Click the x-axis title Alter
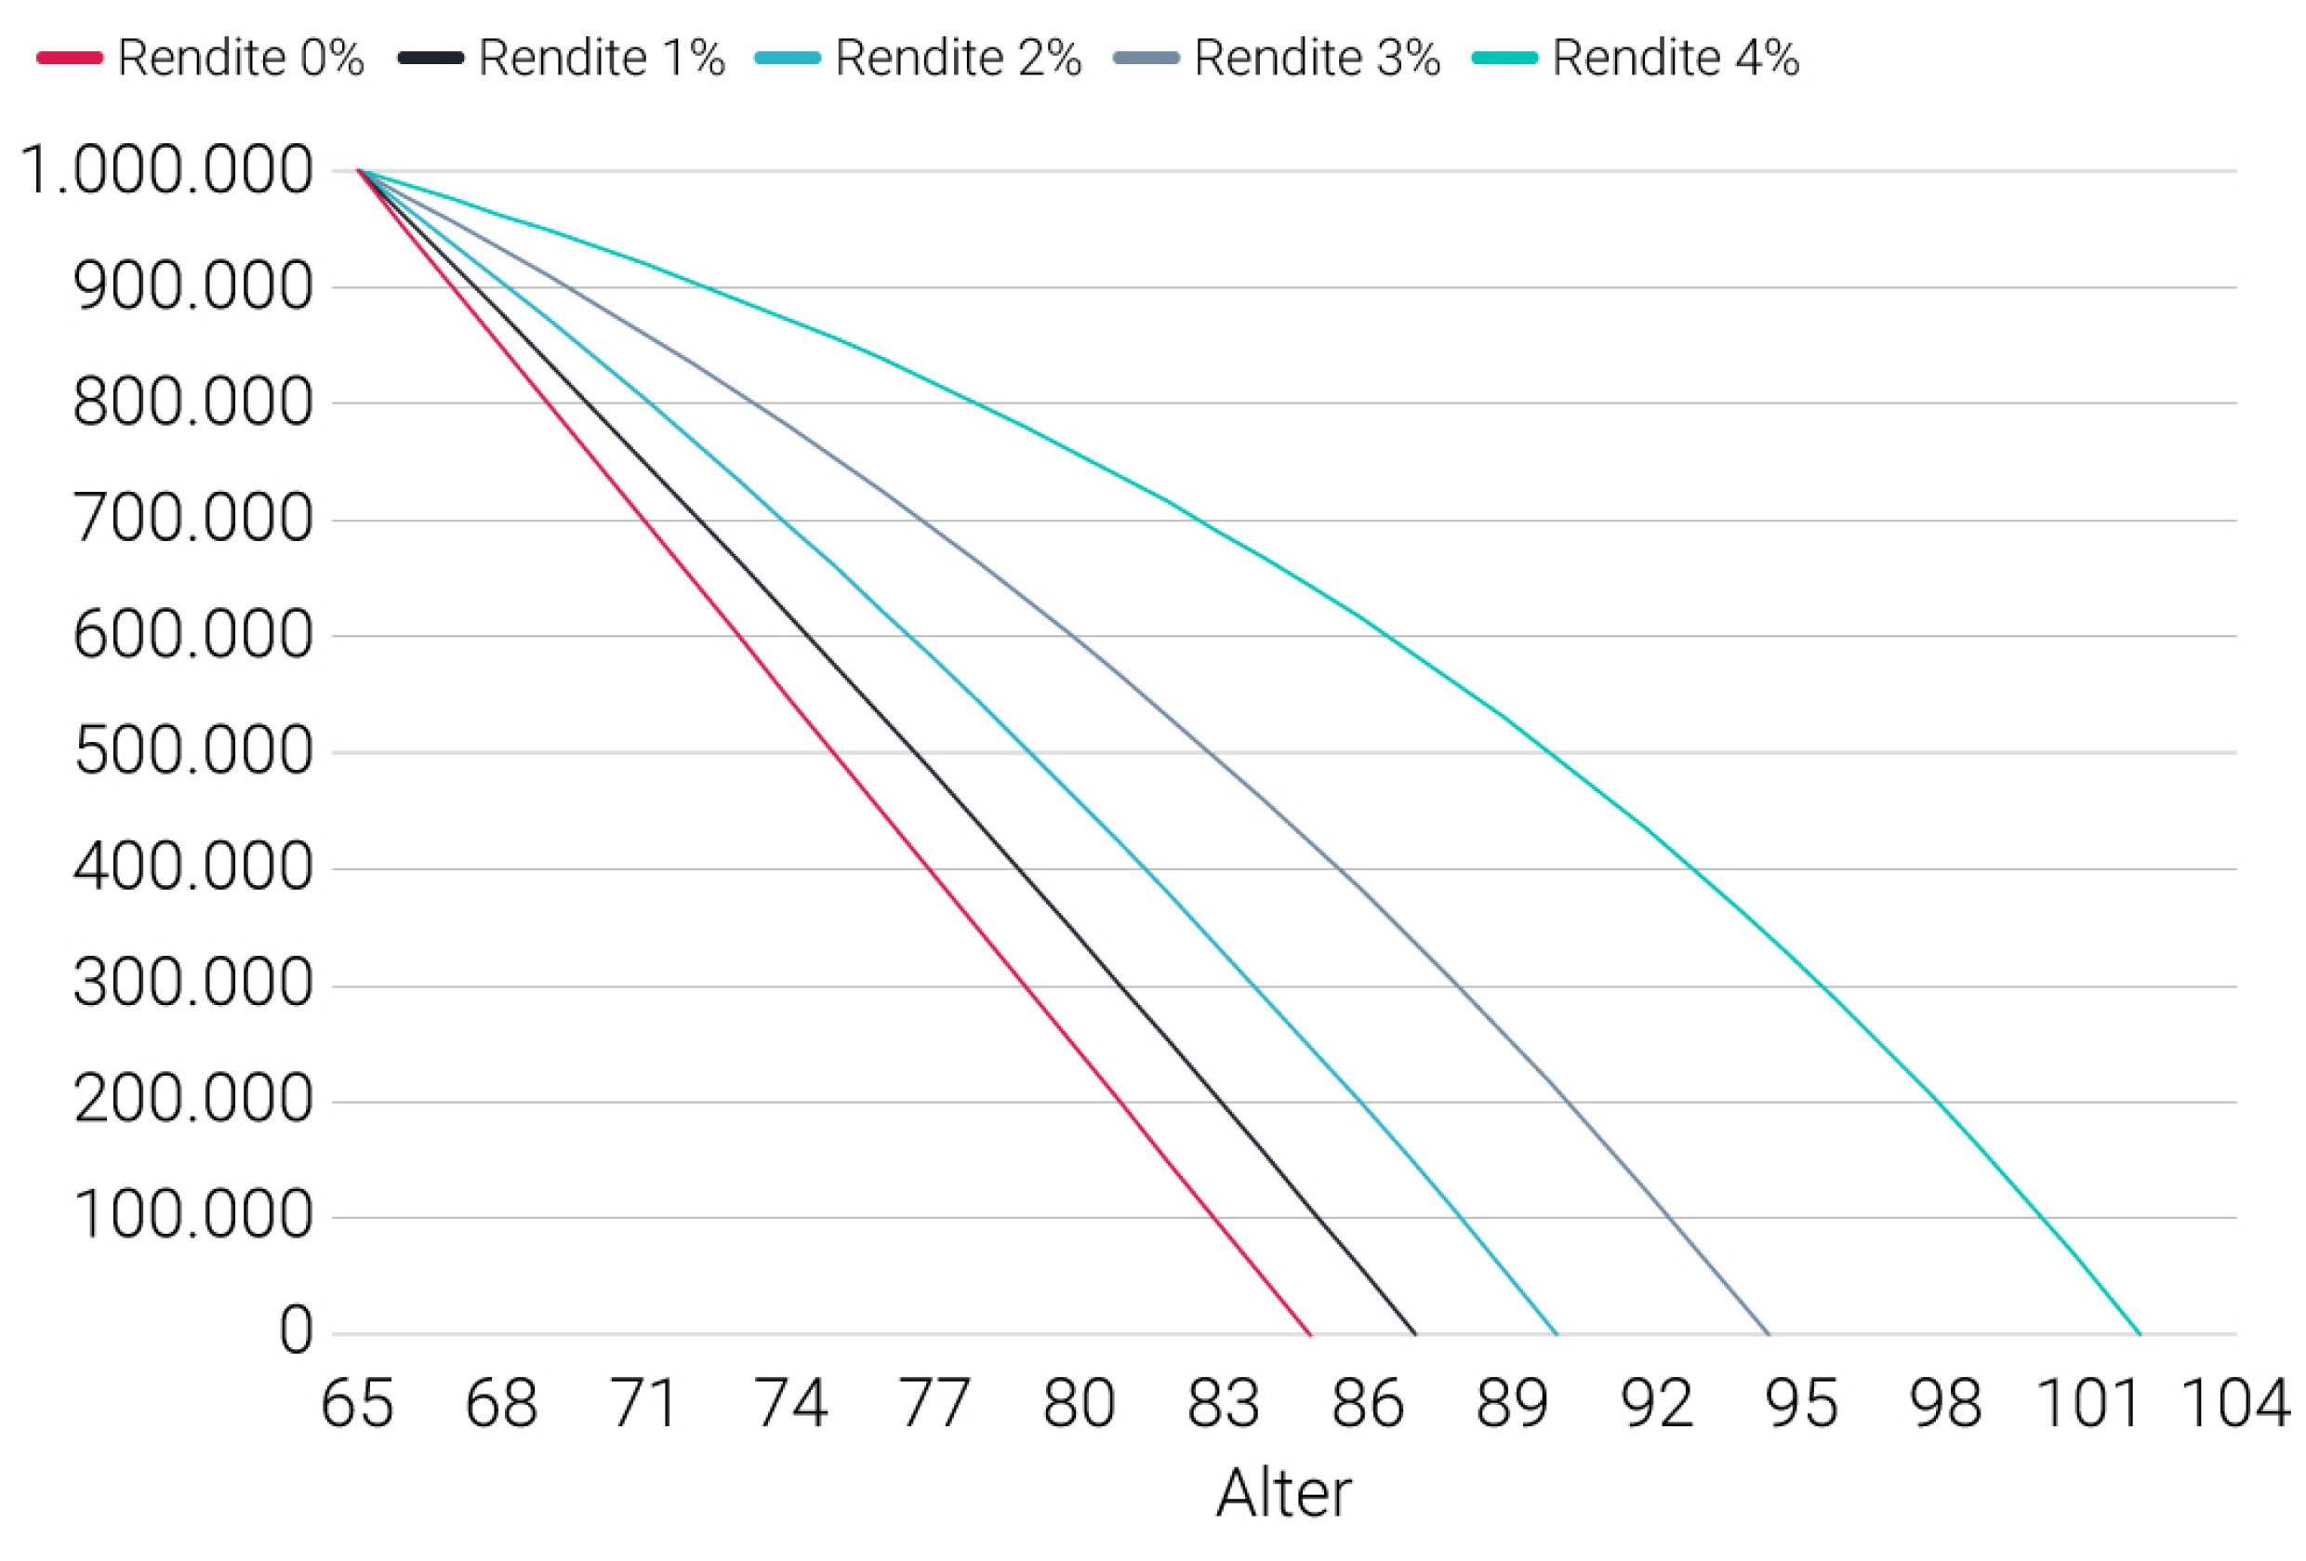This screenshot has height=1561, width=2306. tap(1283, 1492)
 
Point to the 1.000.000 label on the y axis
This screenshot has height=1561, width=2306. tap(166, 171)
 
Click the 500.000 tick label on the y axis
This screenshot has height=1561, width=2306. tap(193, 751)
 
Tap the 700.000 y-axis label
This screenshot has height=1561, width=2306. tap(193, 519)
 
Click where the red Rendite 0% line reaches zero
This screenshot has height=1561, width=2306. tap(1311, 1334)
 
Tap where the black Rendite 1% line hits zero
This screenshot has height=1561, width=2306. tap(1415, 1334)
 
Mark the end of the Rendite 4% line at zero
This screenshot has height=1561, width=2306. tap(2140, 1334)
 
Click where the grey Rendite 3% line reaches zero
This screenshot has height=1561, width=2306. tap(1769, 1334)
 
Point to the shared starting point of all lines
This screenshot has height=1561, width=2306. tap(359, 171)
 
